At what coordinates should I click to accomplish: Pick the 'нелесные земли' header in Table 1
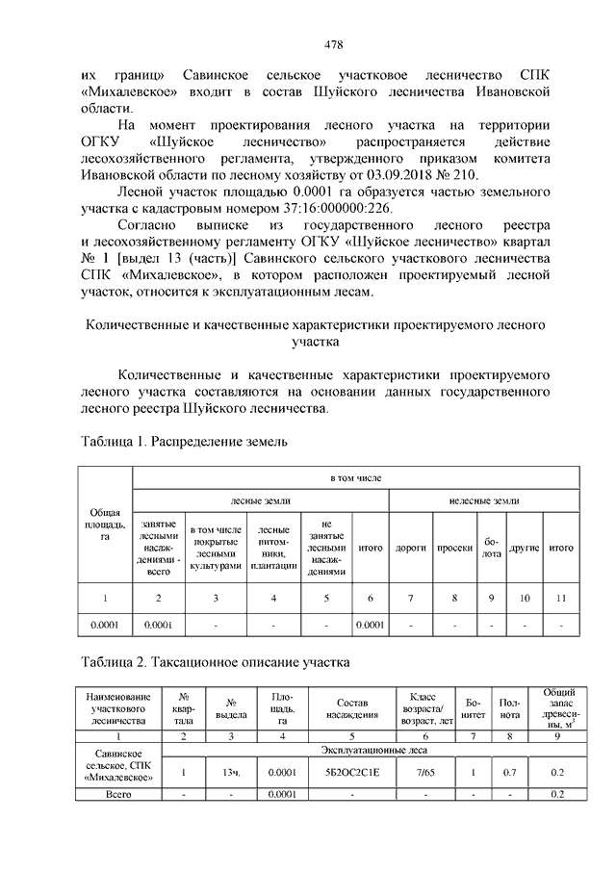(484, 500)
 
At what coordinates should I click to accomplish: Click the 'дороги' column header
(411, 549)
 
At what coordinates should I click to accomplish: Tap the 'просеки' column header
(454, 549)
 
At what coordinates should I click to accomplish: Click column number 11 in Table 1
(561, 599)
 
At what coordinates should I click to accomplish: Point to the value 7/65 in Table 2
(423, 772)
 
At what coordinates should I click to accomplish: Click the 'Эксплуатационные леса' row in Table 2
(371, 748)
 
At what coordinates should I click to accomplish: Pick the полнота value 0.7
(510, 772)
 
